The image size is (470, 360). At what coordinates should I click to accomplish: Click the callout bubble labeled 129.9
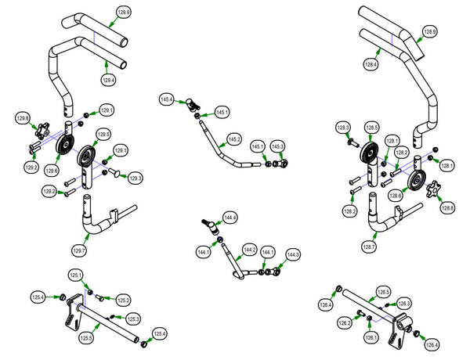[x=124, y=13]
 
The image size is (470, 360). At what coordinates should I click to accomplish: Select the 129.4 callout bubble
[x=109, y=80]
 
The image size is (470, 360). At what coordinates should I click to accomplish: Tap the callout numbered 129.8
[x=23, y=118]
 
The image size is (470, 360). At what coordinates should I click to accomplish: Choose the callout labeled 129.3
[x=136, y=178]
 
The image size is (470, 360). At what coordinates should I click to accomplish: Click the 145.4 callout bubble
[x=166, y=99]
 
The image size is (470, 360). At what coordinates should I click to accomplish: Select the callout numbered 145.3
[x=278, y=146]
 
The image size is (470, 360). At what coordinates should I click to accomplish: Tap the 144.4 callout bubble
[x=230, y=217]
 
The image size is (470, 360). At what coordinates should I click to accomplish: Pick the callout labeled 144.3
[x=292, y=255]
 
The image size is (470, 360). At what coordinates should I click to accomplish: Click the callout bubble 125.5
[x=86, y=337]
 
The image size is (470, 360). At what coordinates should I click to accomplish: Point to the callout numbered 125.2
[x=124, y=301]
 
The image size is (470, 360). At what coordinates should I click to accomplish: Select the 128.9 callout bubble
[x=430, y=31]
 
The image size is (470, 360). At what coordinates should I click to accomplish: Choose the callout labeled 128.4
[x=369, y=65]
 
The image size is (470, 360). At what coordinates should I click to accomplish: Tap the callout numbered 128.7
[x=369, y=247]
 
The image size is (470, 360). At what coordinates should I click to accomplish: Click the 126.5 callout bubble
[x=383, y=291]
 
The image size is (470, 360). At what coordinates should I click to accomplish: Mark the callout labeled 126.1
[x=369, y=337]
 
